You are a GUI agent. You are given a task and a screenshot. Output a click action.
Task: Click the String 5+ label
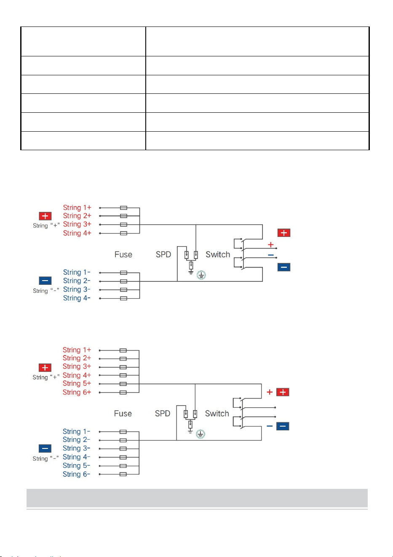coord(77,383)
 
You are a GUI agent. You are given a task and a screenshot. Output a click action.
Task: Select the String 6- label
coord(76,474)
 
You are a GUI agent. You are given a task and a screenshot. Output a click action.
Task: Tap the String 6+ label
coord(77,392)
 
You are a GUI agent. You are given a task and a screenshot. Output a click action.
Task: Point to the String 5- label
coord(76,465)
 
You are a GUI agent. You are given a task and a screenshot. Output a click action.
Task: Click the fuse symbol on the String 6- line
coord(123,474)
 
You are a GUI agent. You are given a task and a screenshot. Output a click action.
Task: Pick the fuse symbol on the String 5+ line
coord(123,384)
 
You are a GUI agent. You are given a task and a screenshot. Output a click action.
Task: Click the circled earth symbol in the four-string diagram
coord(201,275)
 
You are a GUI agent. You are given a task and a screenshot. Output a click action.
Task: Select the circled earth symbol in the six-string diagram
coord(201,434)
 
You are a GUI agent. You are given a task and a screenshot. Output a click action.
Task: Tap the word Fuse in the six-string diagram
coord(123,413)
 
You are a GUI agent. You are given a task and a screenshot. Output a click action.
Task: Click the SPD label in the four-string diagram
coord(163,255)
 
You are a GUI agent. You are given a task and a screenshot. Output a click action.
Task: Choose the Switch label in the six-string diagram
coord(217,413)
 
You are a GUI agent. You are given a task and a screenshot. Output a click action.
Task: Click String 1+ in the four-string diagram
coord(77,207)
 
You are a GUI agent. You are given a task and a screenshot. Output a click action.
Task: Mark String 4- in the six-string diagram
coord(76,457)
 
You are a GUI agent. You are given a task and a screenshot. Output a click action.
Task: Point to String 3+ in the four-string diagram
coord(77,224)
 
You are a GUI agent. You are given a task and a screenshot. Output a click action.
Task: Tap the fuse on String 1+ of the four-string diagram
coord(123,208)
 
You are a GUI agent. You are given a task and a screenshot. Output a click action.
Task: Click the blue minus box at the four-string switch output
coord(284,267)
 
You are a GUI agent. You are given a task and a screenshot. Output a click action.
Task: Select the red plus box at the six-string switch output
coord(283,392)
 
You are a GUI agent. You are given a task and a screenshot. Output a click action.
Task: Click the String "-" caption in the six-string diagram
coord(45,458)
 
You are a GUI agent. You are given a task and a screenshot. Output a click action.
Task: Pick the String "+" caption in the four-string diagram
coord(46,225)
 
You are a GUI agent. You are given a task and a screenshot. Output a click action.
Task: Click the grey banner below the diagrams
coord(197,498)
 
